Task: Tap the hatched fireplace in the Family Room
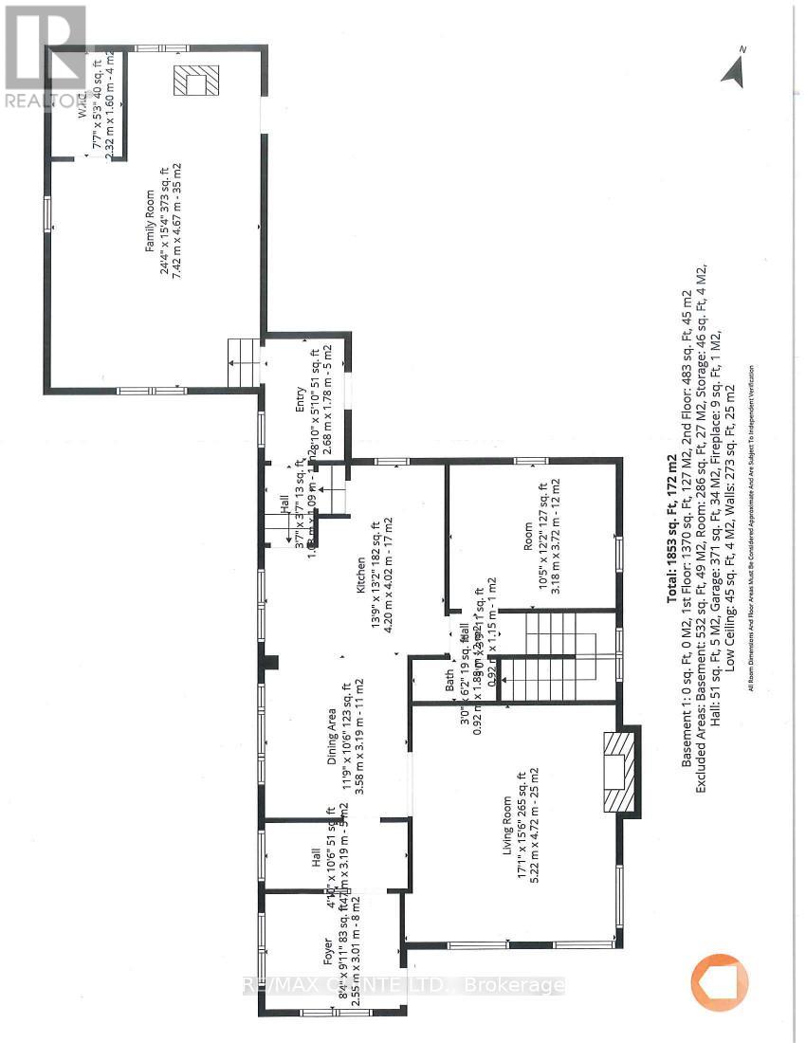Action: [195, 82]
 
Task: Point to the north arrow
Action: [733, 69]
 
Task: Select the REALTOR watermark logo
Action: [43, 57]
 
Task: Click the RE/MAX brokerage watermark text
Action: [403, 985]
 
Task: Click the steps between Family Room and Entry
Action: [245, 363]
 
